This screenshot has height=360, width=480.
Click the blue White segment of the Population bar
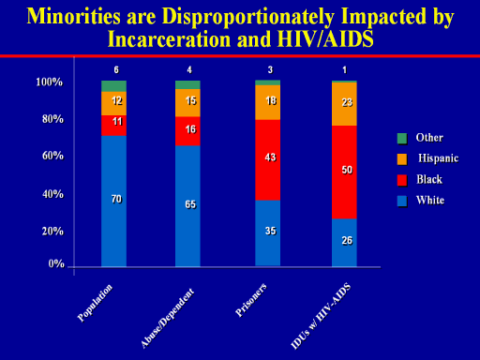tap(113, 201)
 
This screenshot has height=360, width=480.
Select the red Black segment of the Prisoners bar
tap(267, 160)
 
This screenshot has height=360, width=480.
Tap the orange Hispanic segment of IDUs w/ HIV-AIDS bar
tap(344, 104)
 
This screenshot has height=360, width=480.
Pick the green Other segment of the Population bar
tap(113, 86)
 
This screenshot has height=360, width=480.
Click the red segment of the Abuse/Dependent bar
tap(187, 131)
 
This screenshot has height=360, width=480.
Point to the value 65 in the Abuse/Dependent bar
tap(190, 204)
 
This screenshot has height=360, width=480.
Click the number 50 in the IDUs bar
tap(347, 170)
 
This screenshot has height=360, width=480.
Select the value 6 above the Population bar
tap(116, 69)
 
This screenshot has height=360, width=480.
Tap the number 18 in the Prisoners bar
tap(271, 100)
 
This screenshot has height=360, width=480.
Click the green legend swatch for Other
tap(402, 138)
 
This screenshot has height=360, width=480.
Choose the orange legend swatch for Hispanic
tap(402, 159)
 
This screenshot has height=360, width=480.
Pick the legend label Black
tap(429, 179)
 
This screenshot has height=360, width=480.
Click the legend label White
tap(430, 200)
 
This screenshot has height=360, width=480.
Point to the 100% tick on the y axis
tap(49, 82)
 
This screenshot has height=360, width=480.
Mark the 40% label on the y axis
tap(52, 194)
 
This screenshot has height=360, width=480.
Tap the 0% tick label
tap(56, 263)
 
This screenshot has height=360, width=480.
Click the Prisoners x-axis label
tap(251, 300)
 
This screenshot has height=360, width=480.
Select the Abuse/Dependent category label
tap(167, 318)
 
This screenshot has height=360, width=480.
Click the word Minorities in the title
tap(73, 16)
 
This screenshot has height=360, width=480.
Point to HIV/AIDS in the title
tap(325, 39)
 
